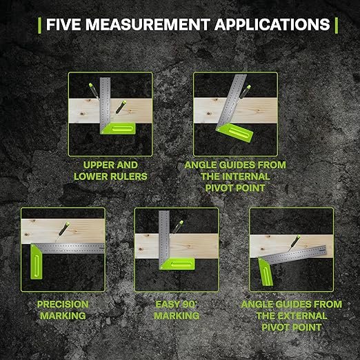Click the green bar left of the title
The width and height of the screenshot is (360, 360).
point(39,25)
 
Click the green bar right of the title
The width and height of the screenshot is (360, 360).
point(336,25)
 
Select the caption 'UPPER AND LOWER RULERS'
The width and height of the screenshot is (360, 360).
point(110,171)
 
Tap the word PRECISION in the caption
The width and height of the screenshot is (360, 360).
point(62,304)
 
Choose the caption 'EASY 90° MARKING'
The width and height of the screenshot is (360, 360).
point(177,310)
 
